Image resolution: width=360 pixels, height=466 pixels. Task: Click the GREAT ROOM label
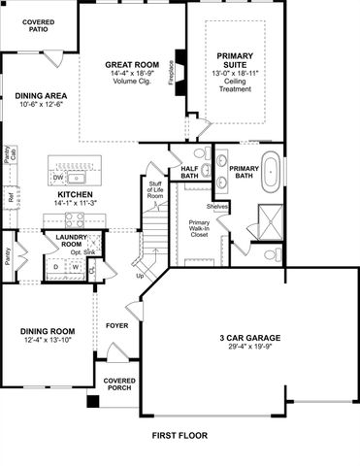131,65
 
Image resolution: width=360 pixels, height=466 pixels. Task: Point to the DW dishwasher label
58,179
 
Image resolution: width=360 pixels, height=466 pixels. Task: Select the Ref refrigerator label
11,198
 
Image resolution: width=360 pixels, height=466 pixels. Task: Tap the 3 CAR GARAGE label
249,338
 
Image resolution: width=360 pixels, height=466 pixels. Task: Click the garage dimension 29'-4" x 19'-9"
249,348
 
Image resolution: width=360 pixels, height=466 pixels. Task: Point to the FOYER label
117,326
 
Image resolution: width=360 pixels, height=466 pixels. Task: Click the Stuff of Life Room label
154,189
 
